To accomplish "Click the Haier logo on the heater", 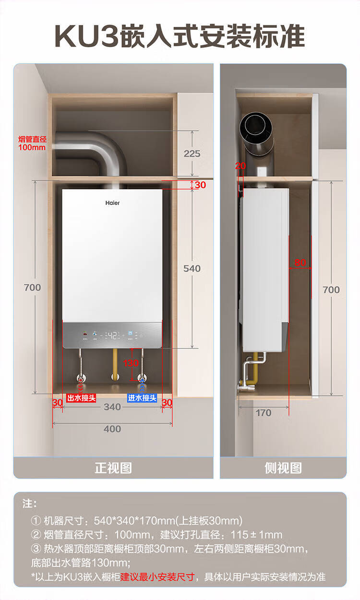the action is pyautogui.click(x=113, y=203).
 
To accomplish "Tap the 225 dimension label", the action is pyautogui.click(x=192, y=154).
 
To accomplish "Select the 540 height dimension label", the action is pyautogui.click(x=192, y=268).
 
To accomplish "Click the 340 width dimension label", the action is pyautogui.click(x=112, y=407).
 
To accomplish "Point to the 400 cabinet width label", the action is pyautogui.click(x=112, y=429).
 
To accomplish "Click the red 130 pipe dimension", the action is pyautogui.click(x=131, y=363).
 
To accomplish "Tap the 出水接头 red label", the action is pyautogui.click(x=81, y=398).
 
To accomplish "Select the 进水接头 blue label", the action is pyautogui.click(x=142, y=398).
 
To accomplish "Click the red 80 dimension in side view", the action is pyautogui.click(x=300, y=263).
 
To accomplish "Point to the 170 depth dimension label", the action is pyautogui.click(x=264, y=413).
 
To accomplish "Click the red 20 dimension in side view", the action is pyautogui.click(x=240, y=166).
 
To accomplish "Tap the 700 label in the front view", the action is pyautogui.click(x=33, y=288).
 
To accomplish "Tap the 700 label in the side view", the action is pyautogui.click(x=331, y=289).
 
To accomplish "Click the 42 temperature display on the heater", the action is pyautogui.click(x=113, y=335).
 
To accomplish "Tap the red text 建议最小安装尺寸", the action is pyautogui.click(x=158, y=576).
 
